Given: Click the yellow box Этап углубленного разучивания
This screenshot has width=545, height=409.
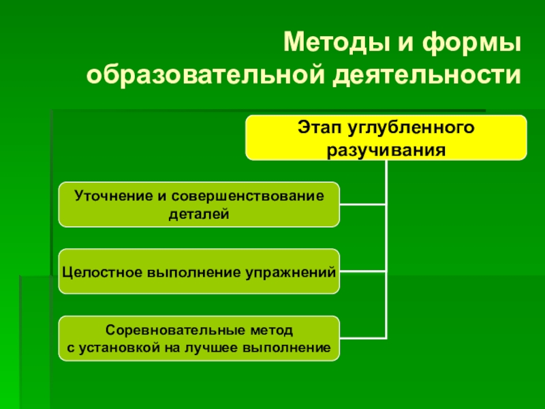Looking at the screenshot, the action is (x=386, y=137).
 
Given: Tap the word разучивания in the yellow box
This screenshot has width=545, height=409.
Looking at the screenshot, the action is (x=386, y=149).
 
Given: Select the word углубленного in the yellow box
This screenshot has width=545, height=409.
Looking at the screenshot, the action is (x=411, y=127).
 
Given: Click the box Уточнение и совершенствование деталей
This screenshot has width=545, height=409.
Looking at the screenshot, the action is (x=198, y=204).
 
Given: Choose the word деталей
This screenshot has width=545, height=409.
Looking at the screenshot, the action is (x=198, y=214).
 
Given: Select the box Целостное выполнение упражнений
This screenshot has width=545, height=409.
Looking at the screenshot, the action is (x=198, y=272).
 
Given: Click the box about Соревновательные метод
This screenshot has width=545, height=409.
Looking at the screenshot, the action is (x=198, y=339).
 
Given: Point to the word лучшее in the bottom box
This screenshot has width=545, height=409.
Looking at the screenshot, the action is (x=236, y=348).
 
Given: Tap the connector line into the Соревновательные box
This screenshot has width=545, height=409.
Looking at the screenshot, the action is (x=362, y=338).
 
